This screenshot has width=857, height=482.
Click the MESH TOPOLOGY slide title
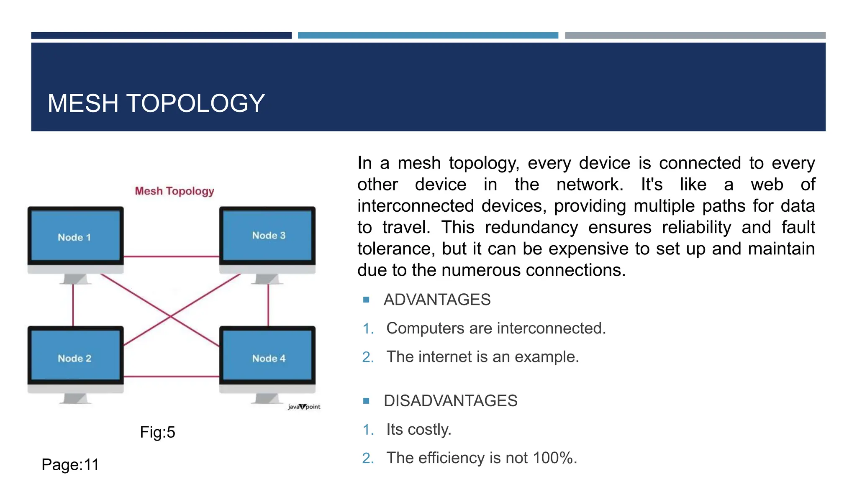(x=156, y=103)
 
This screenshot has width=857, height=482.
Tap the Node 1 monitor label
(x=74, y=238)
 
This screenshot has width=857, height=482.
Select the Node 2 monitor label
(x=74, y=359)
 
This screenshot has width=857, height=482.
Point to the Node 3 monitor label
(x=269, y=236)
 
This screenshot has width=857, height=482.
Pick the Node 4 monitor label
(x=269, y=359)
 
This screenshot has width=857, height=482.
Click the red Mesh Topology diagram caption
(x=174, y=191)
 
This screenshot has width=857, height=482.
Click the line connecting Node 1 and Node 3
(x=172, y=256)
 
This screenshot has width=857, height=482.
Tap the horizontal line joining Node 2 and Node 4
(x=172, y=377)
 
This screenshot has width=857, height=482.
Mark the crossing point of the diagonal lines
(x=171, y=317)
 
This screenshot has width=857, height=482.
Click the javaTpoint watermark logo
(x=304, y=407)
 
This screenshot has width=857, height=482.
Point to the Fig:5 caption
(x=157, y=432)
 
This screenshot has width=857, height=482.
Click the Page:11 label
(x=70, y=465)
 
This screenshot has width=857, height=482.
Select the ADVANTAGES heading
(x=437, y=300)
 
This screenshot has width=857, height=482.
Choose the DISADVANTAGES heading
(x=450, y=401)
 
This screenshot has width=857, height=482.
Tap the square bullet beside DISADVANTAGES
(x=367, y=401)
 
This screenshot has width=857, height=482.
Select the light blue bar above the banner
(x=428, y=36)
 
